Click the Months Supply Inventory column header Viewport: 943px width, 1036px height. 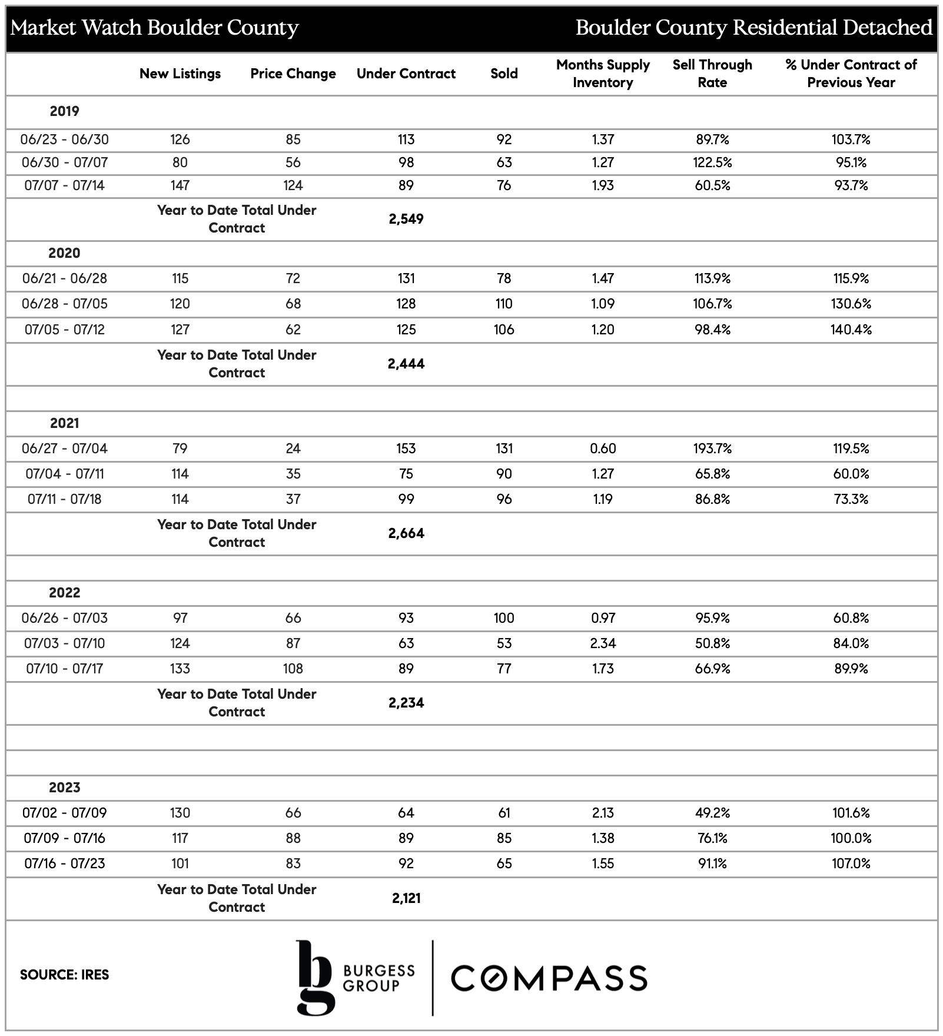click(603, 74)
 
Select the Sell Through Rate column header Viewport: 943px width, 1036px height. click(712, 74)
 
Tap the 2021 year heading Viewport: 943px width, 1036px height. click(64, 423)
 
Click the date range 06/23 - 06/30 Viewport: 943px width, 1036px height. click(64, 140)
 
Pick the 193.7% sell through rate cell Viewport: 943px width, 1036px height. click(712, 449)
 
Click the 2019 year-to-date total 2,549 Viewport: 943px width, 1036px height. click(406, 219)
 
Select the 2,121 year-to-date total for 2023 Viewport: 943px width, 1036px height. click(406, 898)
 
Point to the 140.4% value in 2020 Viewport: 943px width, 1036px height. click(851, 330)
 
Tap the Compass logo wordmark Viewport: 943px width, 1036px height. click(549, 978)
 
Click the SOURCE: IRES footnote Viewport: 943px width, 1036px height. click(64, 975)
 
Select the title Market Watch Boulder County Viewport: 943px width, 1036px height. click(155, 28)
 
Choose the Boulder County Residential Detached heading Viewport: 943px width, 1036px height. click(753, 28)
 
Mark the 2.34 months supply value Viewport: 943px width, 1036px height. click(603, 643)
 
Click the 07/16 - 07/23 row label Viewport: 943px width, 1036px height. click(64, 864)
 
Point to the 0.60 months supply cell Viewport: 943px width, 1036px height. click(603, 449)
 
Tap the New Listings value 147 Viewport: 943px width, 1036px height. click(180, 185)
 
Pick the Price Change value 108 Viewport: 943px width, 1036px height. click(293, 669)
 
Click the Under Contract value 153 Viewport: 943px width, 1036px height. click(406, 449)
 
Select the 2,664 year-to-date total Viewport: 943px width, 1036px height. click(406, 533)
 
